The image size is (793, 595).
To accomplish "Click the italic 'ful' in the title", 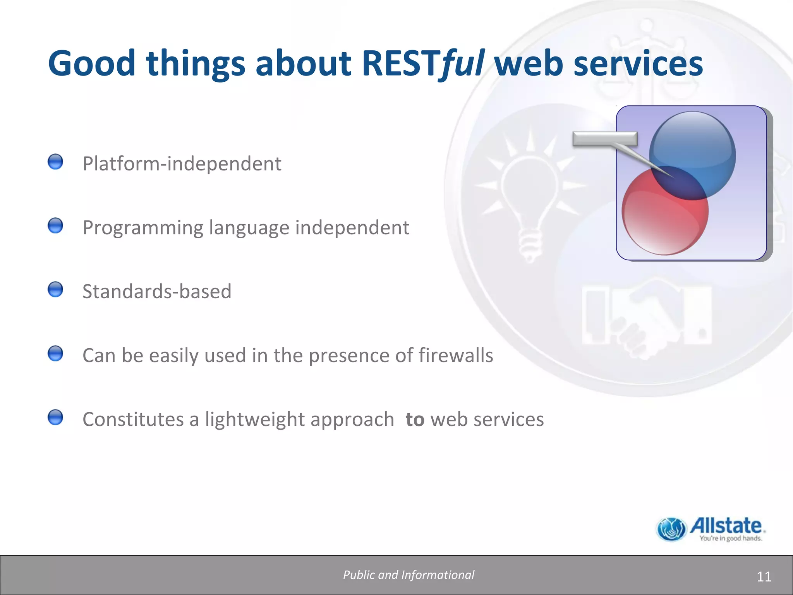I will click(462, 64).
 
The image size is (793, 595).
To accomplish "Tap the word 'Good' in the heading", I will click(91, 64).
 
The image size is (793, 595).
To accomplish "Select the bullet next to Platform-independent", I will click(55, 162).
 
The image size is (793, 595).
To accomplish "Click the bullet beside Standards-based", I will click(55, 289).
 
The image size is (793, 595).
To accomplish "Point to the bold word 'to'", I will click(415, 420).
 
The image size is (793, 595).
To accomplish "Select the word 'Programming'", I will click(143, 228).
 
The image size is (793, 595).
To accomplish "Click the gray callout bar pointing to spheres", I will click(604, 139).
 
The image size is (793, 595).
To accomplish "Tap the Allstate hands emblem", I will click(672, 529).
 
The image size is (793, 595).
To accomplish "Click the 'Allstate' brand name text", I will click(726, 526).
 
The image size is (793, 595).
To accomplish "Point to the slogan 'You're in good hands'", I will click(731, 538).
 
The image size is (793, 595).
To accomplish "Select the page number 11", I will click(764, 577).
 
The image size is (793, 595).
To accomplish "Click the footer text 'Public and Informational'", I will click(409, 575).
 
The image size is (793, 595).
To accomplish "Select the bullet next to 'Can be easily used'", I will click(55, 353).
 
